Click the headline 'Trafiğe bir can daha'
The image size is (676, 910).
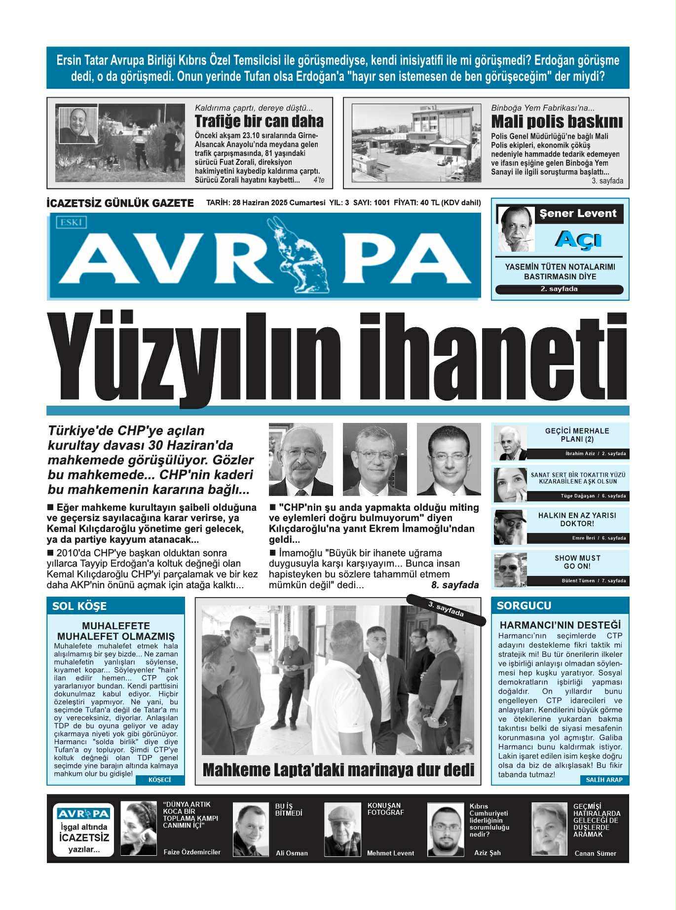pos(259,121)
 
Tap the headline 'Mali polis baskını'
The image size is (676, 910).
pos(557,121)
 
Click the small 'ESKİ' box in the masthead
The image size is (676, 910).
pos(72,223)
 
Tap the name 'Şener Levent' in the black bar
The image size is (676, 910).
pos(578,214)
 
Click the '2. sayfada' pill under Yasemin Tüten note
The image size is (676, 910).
pos(559,289)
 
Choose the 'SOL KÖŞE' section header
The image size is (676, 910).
pos(79,607)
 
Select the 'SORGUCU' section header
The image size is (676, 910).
pos(524,606)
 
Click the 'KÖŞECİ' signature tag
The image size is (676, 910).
pos(159,780)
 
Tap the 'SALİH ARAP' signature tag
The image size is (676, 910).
pos(604,780)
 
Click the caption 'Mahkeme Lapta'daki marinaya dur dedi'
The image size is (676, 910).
pos(338,770)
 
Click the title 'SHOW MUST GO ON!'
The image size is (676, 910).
pos(577,562)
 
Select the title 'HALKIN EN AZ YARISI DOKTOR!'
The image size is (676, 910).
pos(577,519)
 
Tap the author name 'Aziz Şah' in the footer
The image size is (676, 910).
pos(487,853)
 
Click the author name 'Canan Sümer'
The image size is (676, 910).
pos(595,853)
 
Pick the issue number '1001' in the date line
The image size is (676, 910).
pos(381,203)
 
